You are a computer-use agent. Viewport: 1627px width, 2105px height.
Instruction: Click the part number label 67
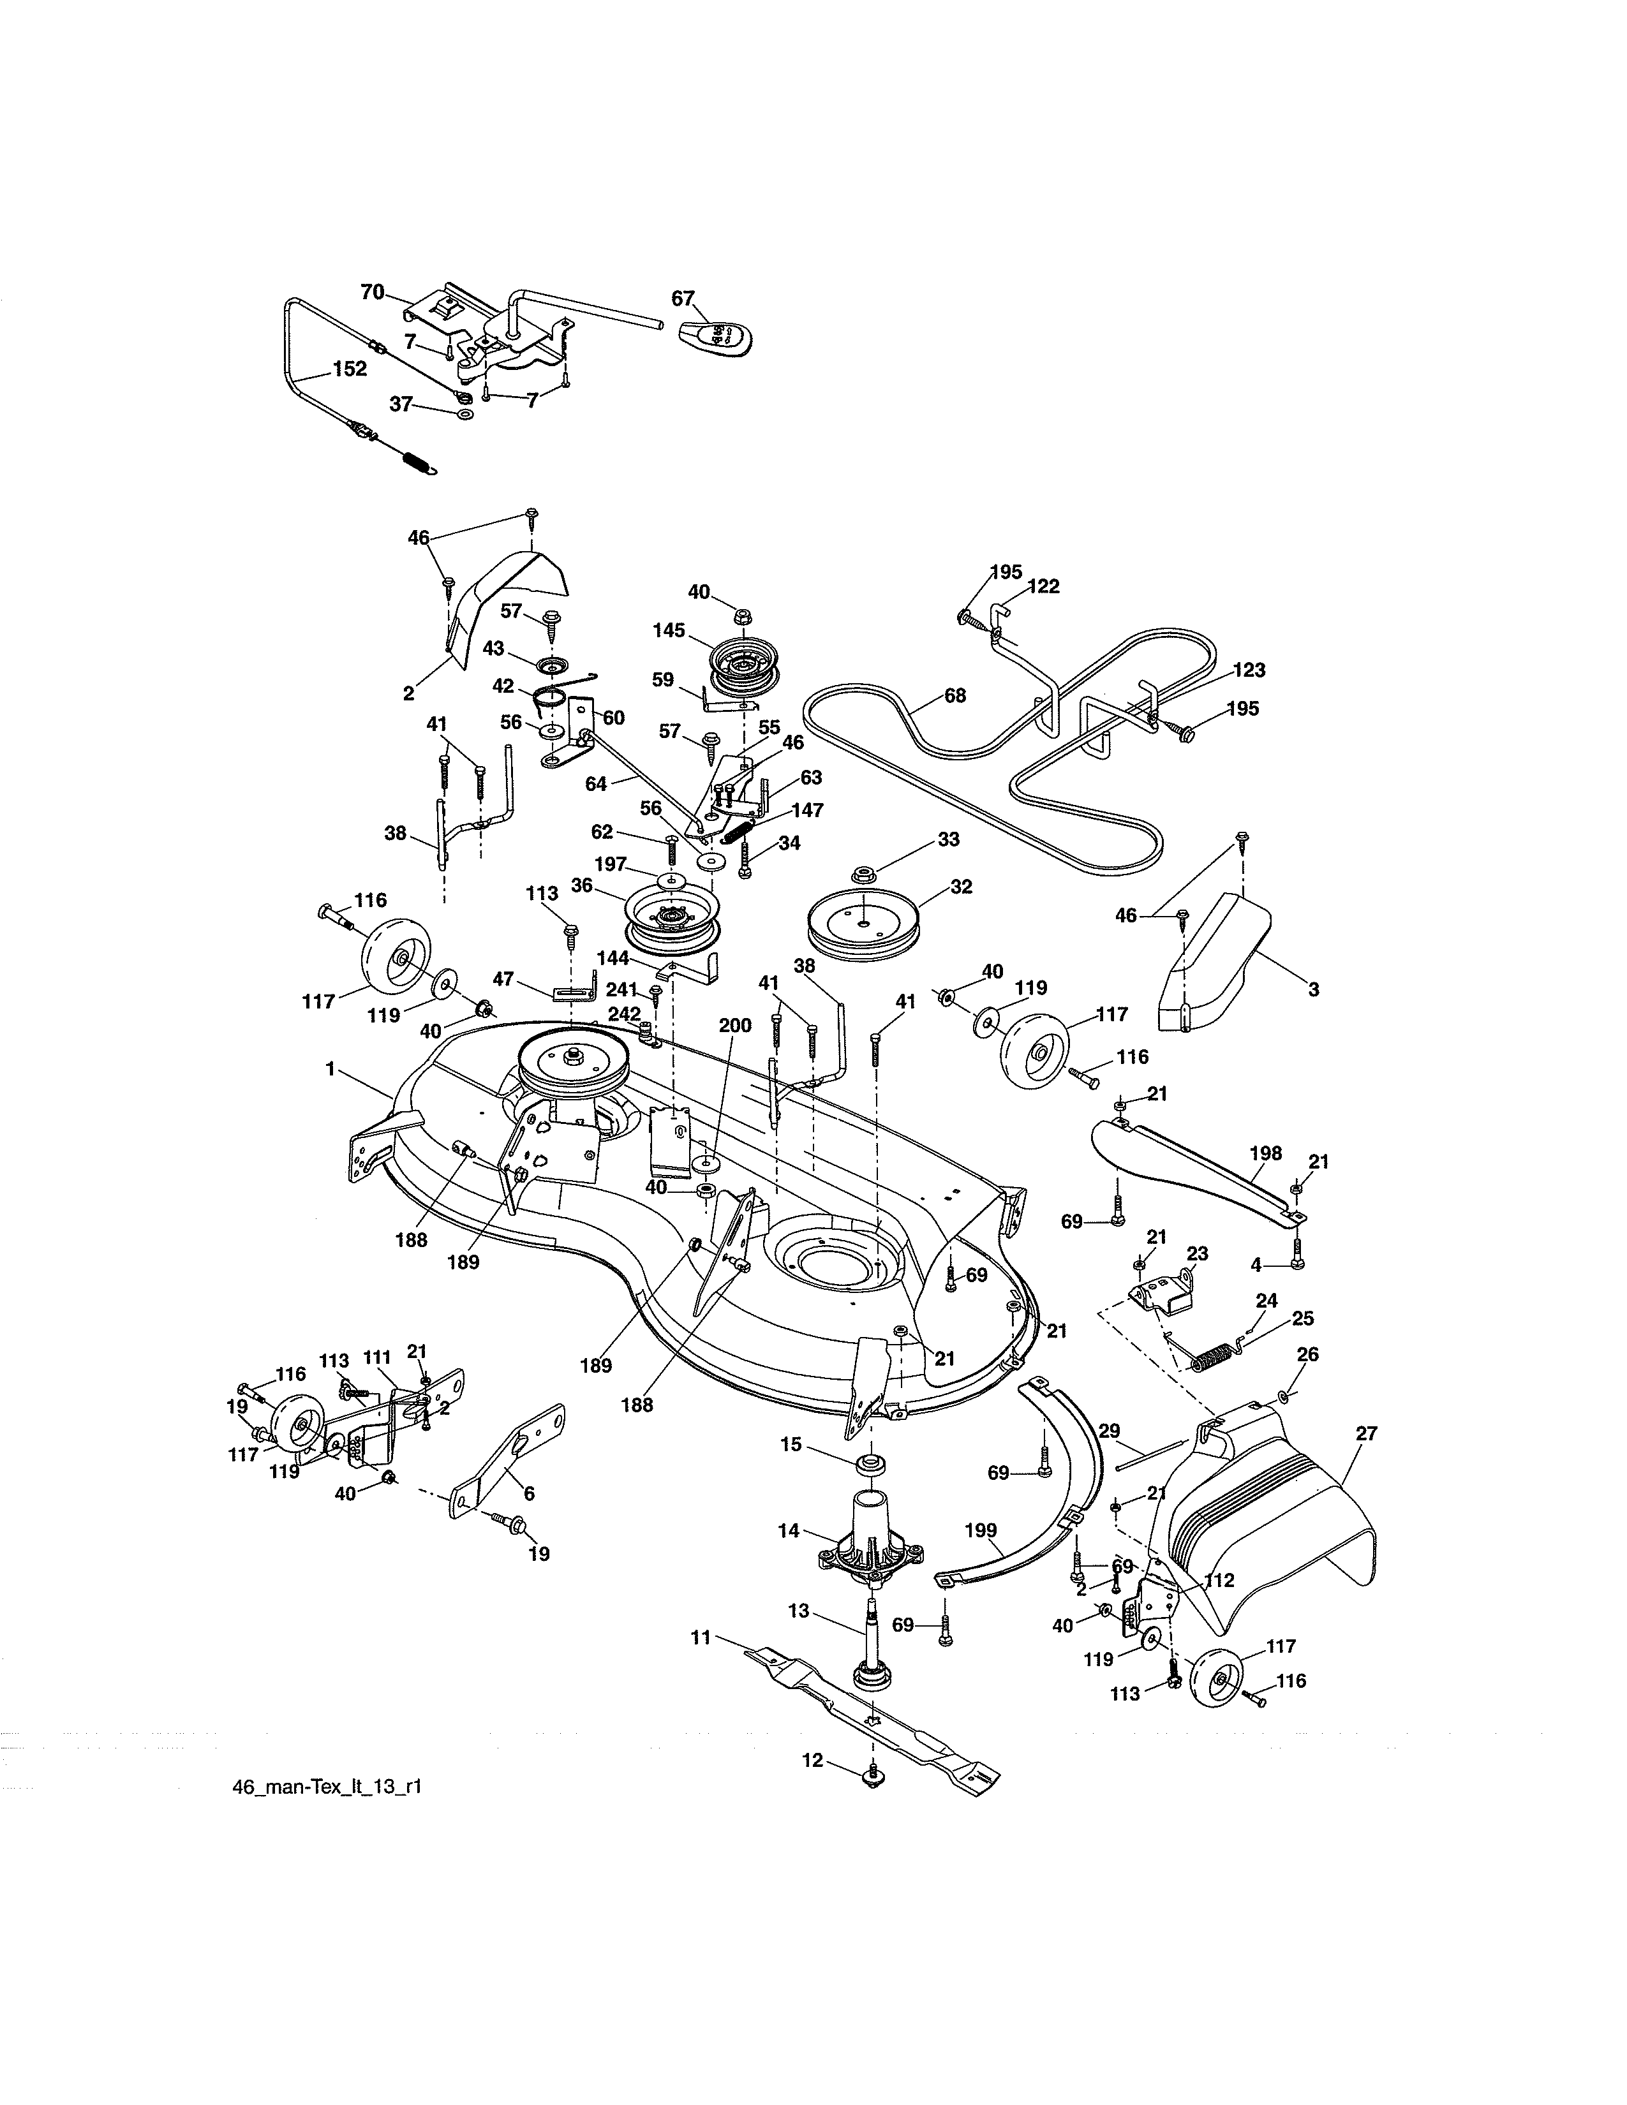[x=683, y=298]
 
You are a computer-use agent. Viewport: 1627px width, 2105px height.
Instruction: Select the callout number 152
[x=350, y=369]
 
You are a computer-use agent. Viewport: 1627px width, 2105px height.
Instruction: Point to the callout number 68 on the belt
[x=955, y=695]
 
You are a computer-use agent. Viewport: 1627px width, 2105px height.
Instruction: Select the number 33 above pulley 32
[x=948, y=839]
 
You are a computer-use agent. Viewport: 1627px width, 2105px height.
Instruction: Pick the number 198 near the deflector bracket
[x=1266, y=1153]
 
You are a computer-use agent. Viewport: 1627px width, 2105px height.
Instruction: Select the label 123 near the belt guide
[x=1248, y=670]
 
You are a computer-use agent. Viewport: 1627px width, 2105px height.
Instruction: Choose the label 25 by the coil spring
[x=1302, y=1318]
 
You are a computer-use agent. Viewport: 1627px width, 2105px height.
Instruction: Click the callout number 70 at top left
[x=372, y=292]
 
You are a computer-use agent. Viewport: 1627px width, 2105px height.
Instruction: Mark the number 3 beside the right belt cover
[x=1314, y=989]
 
